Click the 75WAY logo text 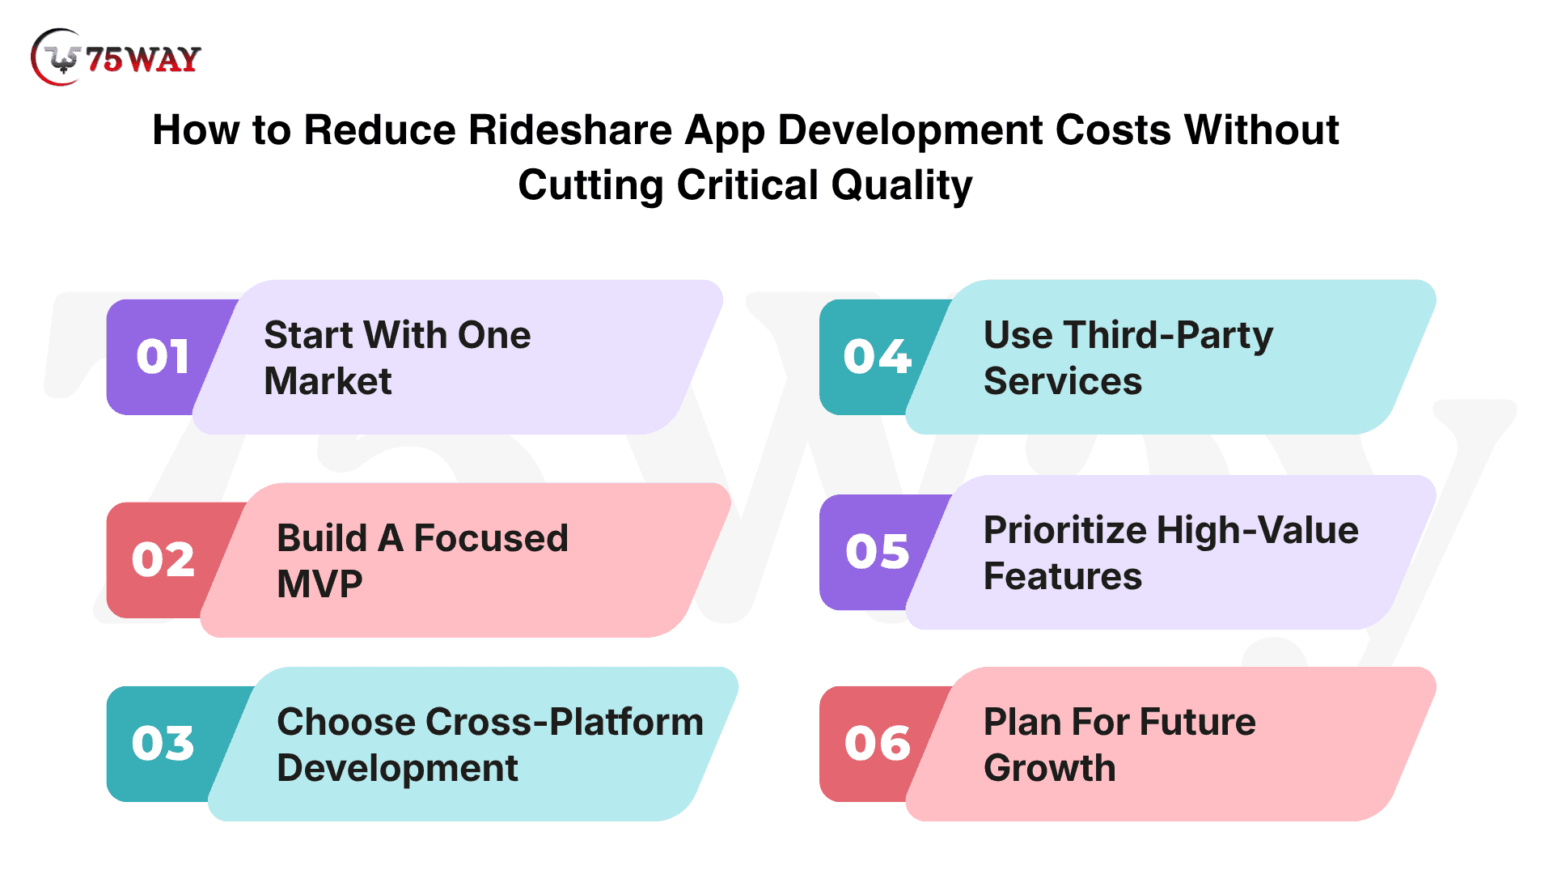[x=143, y=59]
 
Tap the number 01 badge [x=163, y=357]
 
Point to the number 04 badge [x=878, y=357]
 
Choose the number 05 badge [x=878, y=552]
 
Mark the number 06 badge [x=878, y=743]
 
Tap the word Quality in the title [x=901, y=186]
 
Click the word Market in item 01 [x=328, y=381]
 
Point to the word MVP [x=319, y=584]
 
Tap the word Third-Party [x=1169, y=336]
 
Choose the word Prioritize [x=1065, y=531]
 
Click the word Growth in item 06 [x=1050, y=768]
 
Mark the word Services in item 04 [x=1063, y=381]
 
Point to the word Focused [x=491, y=538]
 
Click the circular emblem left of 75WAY [x=57, y=57]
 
